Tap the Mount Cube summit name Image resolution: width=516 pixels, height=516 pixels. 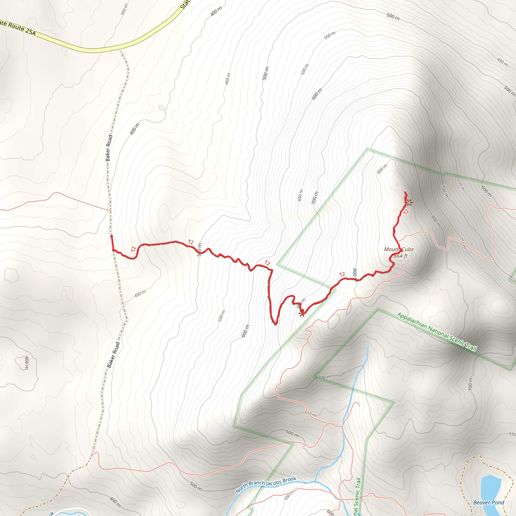click(x=399, y=249)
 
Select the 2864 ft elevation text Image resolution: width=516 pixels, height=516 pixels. click(x=400, y=256)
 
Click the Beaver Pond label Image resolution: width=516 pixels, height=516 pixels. click(x=489, y=502)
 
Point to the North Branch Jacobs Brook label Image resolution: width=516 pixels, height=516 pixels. click(x=266, y=485)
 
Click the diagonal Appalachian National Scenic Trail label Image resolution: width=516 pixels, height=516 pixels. click(x=436, y=332)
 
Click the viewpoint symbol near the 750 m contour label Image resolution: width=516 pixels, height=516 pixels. click(x=302, y=313)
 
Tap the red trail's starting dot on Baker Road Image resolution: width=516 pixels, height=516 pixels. click(x=112, y=236)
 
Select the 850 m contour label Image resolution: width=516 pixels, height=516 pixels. click(x=382, y=169)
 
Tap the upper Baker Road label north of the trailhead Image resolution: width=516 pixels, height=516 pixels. click(x=109, y=148)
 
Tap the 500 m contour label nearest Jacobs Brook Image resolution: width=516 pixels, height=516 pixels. click(x=196, y=486)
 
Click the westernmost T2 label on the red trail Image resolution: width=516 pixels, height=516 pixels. click(x=134, y=249)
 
